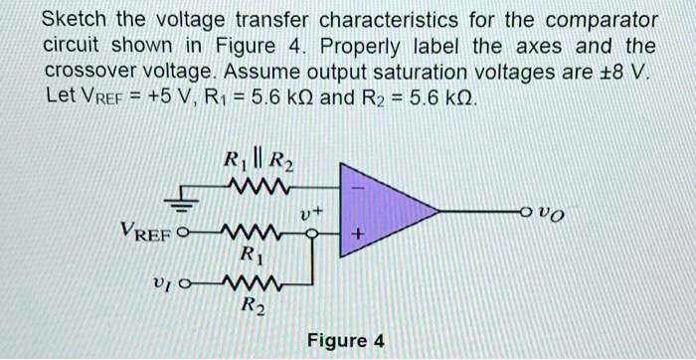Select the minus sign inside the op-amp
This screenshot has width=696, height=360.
[x=359, y=186]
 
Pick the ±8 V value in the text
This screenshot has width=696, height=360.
[x=629, y=72]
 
